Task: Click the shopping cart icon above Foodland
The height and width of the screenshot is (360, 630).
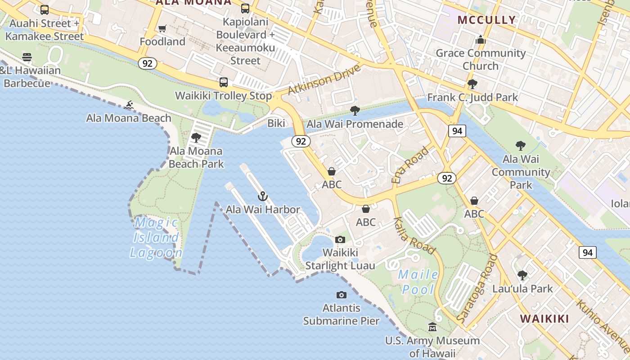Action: coord(162,29)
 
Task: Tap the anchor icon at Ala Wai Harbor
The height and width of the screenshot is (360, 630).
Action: coord(263,196)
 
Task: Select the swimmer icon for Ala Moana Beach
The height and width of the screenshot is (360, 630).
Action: coord(129,105)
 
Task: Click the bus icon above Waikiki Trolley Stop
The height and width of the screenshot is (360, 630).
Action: coord(224,82)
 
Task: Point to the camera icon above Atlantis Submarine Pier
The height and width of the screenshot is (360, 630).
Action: coord(342,295)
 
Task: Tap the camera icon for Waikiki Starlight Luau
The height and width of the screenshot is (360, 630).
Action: coord(340,239)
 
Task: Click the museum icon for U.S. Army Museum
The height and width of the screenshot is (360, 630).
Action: coord(432,327)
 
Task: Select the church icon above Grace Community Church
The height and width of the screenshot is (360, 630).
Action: coord(481,40)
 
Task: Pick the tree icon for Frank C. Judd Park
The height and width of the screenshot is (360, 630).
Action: coord(472,84)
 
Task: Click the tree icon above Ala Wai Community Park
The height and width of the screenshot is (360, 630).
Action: coord(521,146)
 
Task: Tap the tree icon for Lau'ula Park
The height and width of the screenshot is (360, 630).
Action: coord(522,275)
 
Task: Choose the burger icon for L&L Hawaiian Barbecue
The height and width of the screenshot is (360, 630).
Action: coord(27,57)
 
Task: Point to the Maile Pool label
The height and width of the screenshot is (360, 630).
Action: coord(418,282)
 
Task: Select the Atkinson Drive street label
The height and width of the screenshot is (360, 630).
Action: coord(324,80)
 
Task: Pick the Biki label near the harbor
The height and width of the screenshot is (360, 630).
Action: coord(276,123)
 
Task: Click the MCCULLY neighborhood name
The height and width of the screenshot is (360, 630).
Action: coord(486,20)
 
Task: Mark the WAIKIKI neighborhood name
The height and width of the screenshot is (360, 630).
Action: coord(544,319)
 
